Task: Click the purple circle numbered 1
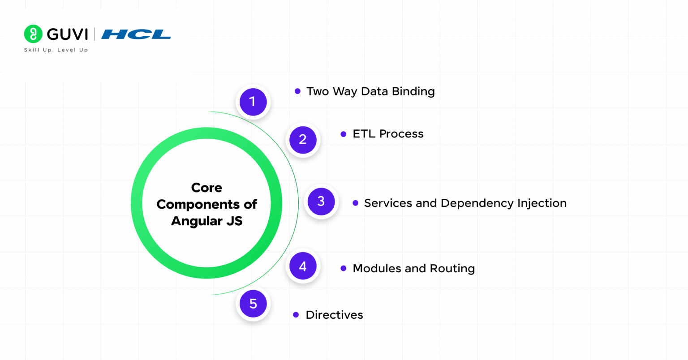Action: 253,102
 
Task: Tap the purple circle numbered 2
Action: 303,140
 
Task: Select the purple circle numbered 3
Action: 321,201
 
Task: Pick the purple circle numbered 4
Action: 303,266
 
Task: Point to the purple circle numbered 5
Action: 253,304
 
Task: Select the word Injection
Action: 542,203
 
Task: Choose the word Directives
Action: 334,315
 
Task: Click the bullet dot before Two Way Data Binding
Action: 297,91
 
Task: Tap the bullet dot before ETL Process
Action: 344,134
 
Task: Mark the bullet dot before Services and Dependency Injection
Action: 355,203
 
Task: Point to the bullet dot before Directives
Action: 296,315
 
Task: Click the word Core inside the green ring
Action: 206,188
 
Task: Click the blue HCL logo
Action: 136,34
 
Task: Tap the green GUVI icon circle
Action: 33,34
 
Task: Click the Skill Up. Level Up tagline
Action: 56,50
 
